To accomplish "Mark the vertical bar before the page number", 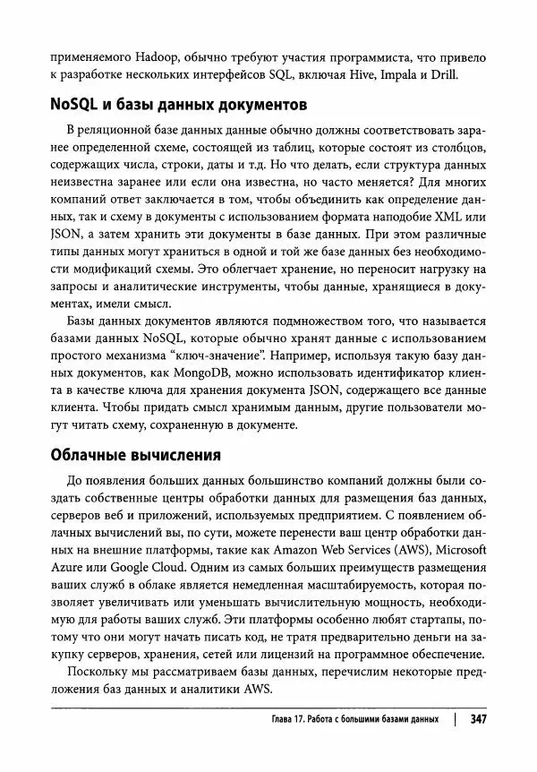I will pos(456,720).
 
